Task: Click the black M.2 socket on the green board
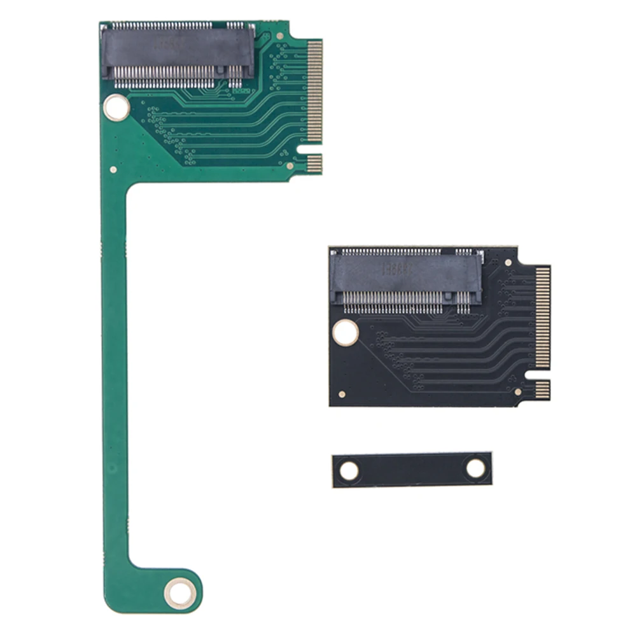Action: (x=178, y=54)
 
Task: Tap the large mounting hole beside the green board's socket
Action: (x=116, y=108)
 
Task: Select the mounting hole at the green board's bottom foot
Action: (x=180, y=594)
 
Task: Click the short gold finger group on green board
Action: (x=314, y=164)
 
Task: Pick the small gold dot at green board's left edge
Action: (x=113, y=170)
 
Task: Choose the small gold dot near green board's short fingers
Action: (x=290, y=166)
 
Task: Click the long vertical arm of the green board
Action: (x=114, y=369)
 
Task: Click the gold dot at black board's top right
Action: (x=508, y=262)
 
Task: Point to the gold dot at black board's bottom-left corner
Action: (x=342, y=395)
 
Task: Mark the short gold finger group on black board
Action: (x=542, y=389)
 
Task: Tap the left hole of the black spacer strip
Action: (x=349, y=471)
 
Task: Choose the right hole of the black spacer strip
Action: (x=475, y=468)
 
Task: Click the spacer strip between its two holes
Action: (x=412, y=470)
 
